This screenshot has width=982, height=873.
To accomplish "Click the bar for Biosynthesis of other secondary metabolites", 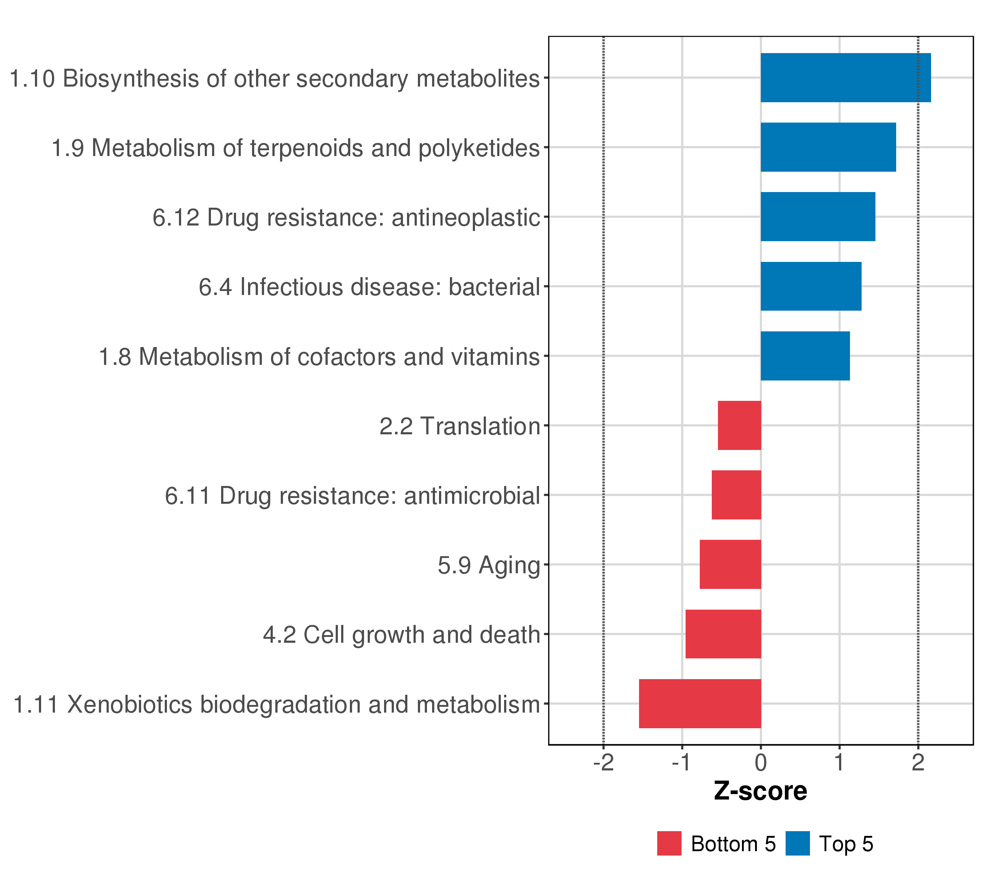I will point(846,77).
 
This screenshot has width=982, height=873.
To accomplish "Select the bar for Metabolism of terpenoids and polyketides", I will point(828,147).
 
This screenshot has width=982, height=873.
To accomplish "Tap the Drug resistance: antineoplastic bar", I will point(818,217).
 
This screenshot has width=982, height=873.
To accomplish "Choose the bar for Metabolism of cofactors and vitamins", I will point(805,356).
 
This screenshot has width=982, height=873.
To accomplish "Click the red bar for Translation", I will point(739,425).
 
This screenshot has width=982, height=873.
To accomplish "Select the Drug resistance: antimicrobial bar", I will point(736,495).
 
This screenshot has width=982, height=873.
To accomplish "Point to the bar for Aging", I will point(730,565).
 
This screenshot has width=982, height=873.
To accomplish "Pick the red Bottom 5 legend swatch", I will point(669,844).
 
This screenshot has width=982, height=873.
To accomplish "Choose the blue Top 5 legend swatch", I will point(798,844).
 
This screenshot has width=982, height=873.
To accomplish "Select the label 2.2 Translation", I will point(460,426).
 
